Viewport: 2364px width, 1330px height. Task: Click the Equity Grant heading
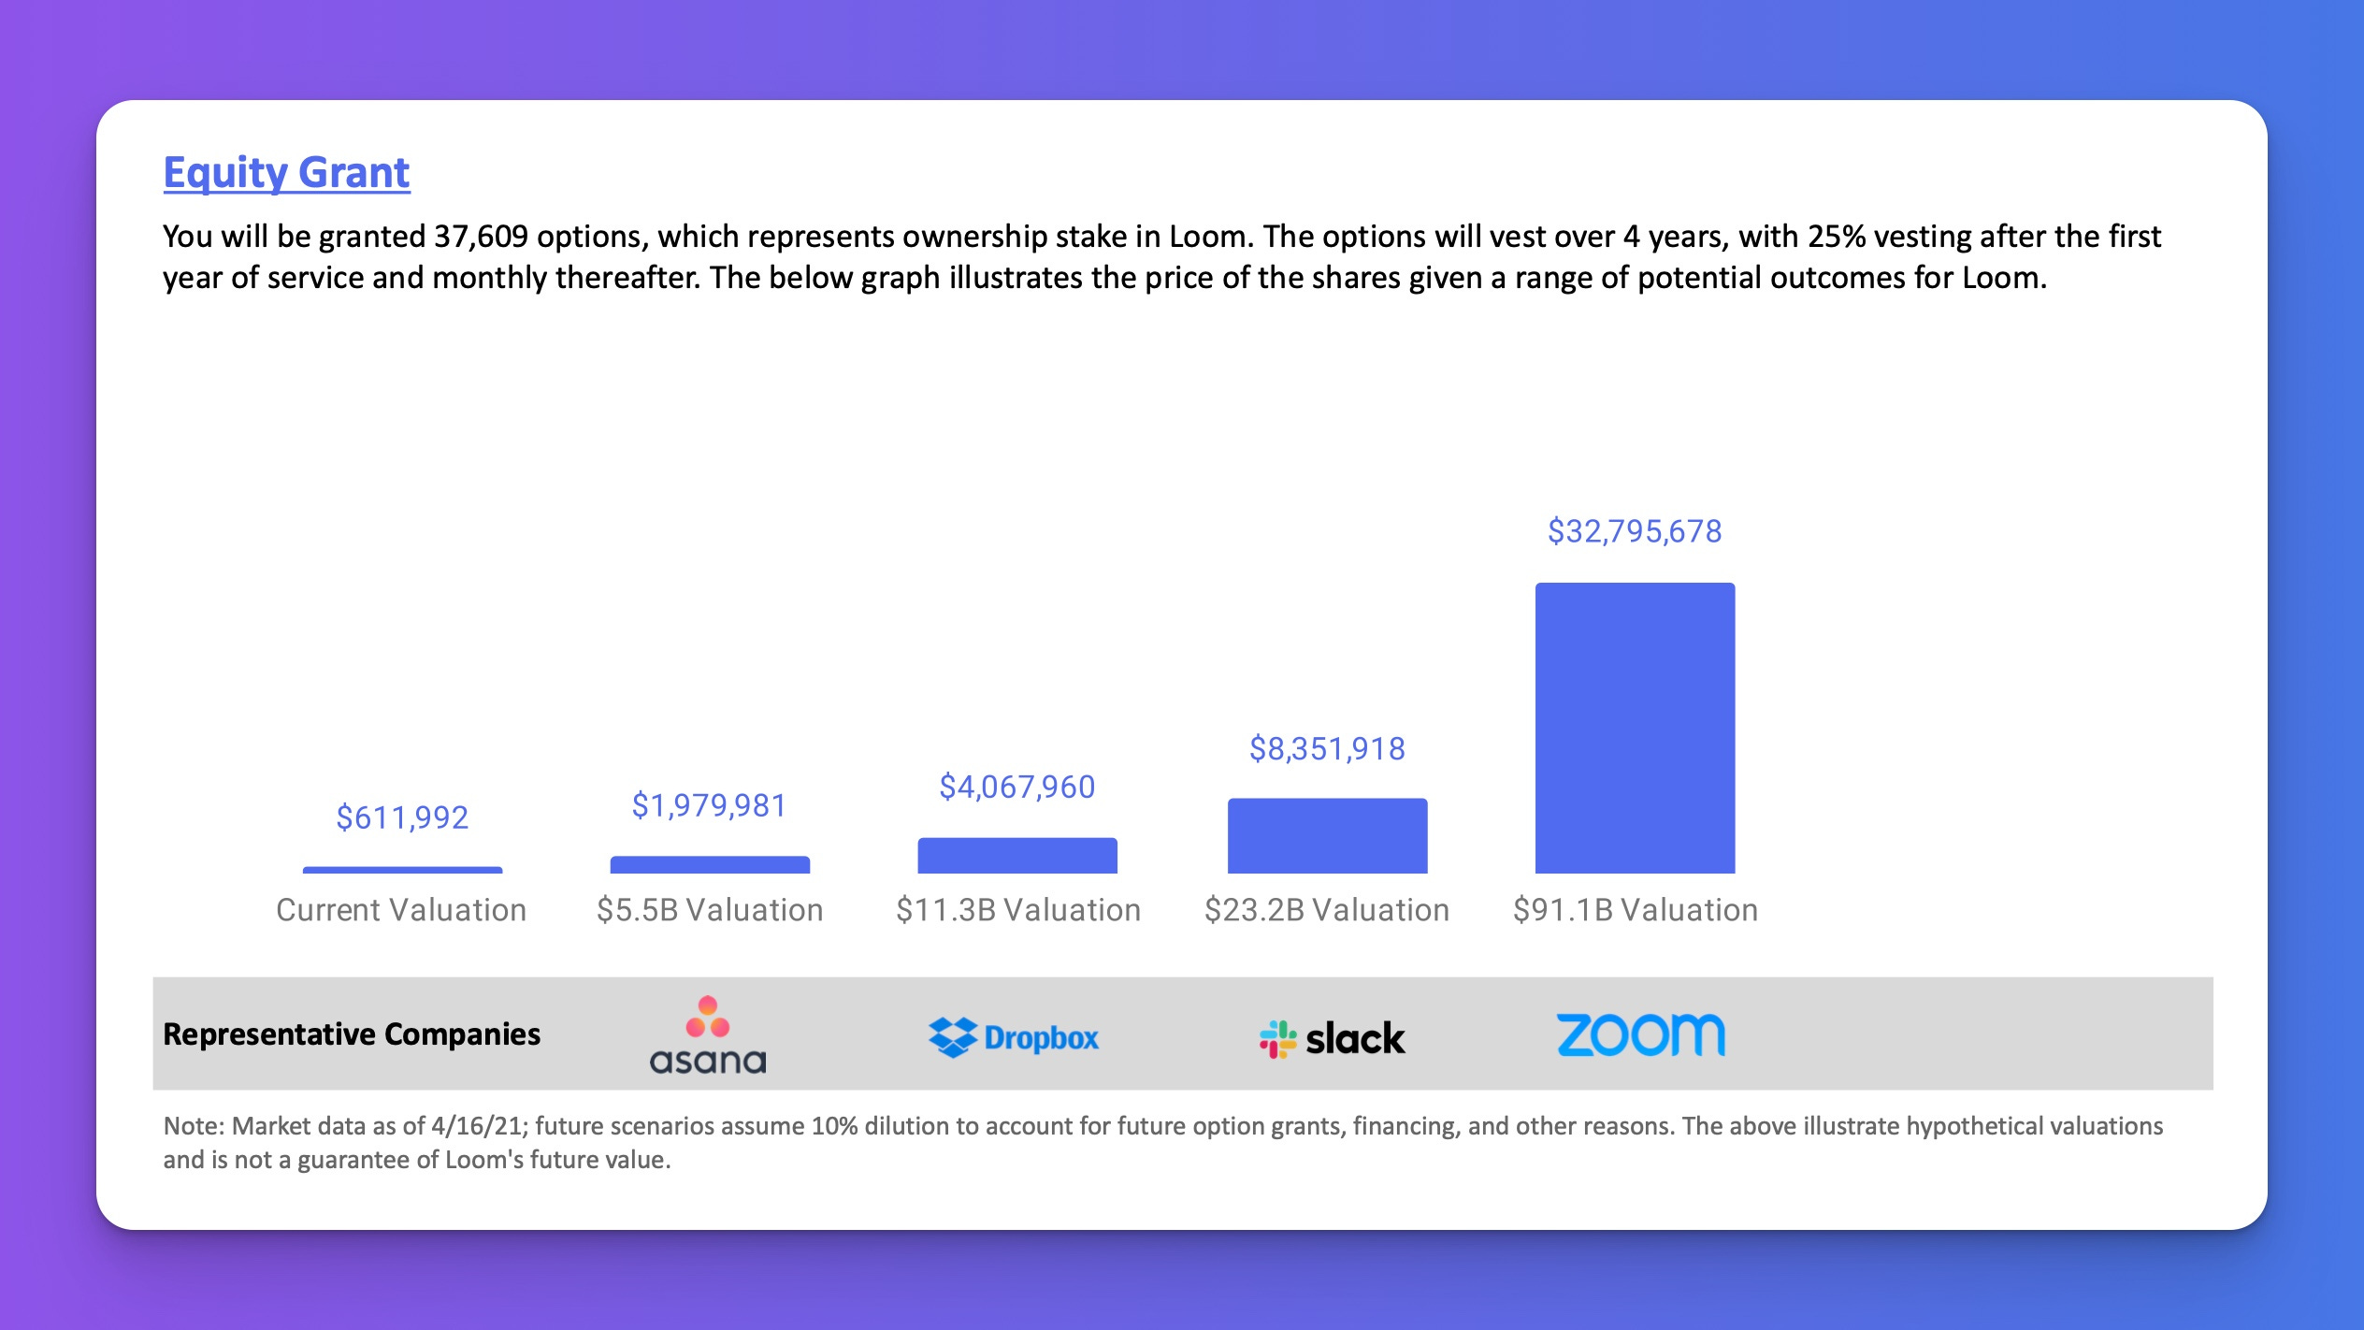[x=286, y=173]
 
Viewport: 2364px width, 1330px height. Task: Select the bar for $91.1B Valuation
[x=1635, y=728]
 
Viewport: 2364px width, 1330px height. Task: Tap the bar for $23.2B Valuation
[x=1327, y=835]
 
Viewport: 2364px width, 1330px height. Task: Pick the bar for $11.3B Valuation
[x=1017, y=855]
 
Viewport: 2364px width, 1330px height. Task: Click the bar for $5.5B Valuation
[x=710, y=864]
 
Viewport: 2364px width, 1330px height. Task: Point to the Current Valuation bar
[x=402, y=870]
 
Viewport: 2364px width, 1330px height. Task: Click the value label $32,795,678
[x=1635, y=531]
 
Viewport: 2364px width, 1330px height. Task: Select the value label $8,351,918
[x=1327, y=748]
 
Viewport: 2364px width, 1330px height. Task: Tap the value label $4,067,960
[x=1017, y=787]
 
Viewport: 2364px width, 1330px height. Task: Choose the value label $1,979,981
[x=710, y=805]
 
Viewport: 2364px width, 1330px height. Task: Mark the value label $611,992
[x=402, y=817]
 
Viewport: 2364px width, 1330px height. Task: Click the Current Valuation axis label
[x=401, y=910]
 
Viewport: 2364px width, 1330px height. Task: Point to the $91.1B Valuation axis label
[x=1636, y=910]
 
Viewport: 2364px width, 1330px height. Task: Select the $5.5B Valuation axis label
[x=710, y=910]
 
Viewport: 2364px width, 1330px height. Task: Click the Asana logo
[x=708, y=1034]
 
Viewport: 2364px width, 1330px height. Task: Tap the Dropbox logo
[x=1014, y=1037]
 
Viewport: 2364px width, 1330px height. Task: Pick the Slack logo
[x=1332, y=1038]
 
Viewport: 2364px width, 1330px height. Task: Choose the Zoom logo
[x=1640, y=1034]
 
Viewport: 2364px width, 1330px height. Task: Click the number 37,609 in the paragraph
[x=481, y=237]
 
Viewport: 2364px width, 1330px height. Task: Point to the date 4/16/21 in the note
[x=476, y=1126]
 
